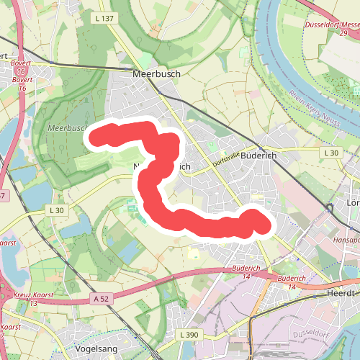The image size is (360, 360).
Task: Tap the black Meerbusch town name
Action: pos(156,73)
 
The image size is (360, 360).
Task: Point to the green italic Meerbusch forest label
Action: pos(66,127)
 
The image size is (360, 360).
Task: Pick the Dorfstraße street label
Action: pos(225,160)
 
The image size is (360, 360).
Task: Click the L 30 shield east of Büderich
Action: pos(330,153)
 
